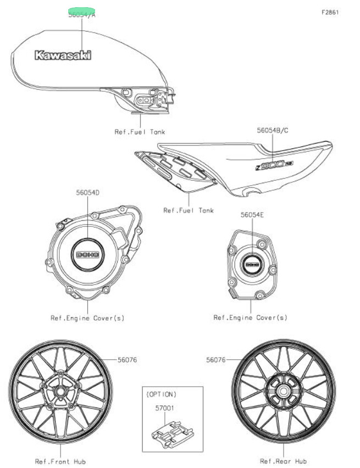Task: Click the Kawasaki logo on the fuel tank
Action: tap(63, 55)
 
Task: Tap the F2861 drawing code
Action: tap(330, 12)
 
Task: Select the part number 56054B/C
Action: tap(273, 131)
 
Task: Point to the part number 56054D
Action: tap(87, 193)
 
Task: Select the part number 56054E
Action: tap(252, 215)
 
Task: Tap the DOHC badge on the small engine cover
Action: tap(252, 265)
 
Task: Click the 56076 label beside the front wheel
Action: tap(127, 360)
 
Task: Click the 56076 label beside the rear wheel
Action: tap(217, 360)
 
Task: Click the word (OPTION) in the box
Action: tap(161, 394)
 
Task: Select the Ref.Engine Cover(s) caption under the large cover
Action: tap(87, 317)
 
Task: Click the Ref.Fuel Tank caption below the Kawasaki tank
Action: tap(140, 132)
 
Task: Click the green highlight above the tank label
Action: tap(81, 11)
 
